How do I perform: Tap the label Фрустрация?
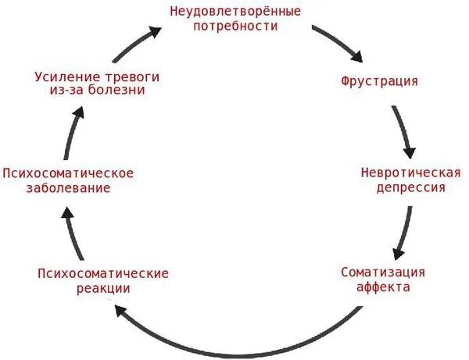pyautogui.click(x=379, y=80)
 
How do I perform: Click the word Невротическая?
pyautogui.click(x=402, y=173)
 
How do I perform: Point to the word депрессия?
pyautogui.click(x=402, y=188)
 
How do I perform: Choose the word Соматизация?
pyautogui.click(x=383, y=272)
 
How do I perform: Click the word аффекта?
pyautogui.click(x=383, y=287)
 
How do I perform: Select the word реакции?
pyautogui.click(x=104, y=288)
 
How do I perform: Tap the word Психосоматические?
pyautogui.click(x=103, y=273)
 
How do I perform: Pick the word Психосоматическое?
pyautogui.click(x=68, y=173)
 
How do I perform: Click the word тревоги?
pyautogui.click(x=127, y=76)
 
